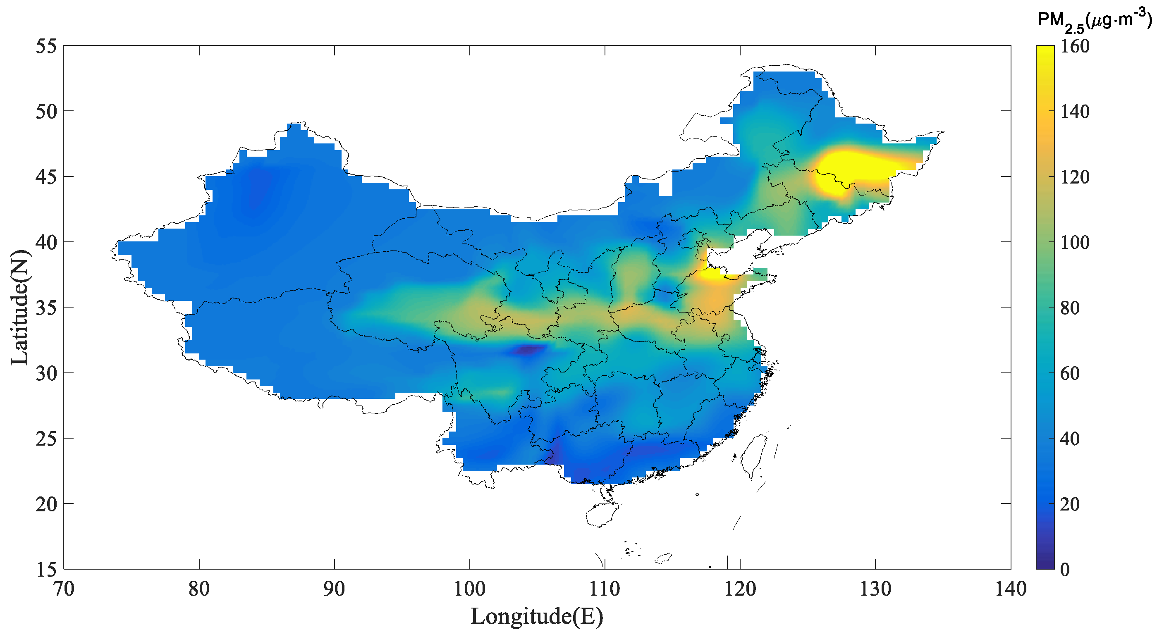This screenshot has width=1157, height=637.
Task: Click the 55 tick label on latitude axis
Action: click(x=46, y=46)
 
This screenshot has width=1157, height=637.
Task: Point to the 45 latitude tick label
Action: click(x=46, y=177)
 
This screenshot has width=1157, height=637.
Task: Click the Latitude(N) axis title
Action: click(x=20, y=308)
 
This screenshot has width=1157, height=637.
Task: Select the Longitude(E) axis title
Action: click(x=537, y=616)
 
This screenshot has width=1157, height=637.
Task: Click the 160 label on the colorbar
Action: click(x=1075, y=47)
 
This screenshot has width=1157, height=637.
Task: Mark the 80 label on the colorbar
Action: click(x=1070, y=308)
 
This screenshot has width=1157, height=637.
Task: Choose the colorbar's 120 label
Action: click(x=1075, y=177)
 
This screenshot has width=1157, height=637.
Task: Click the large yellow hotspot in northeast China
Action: click(x=844, y=171)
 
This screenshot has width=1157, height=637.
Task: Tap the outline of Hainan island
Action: click(x=602, y=514)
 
